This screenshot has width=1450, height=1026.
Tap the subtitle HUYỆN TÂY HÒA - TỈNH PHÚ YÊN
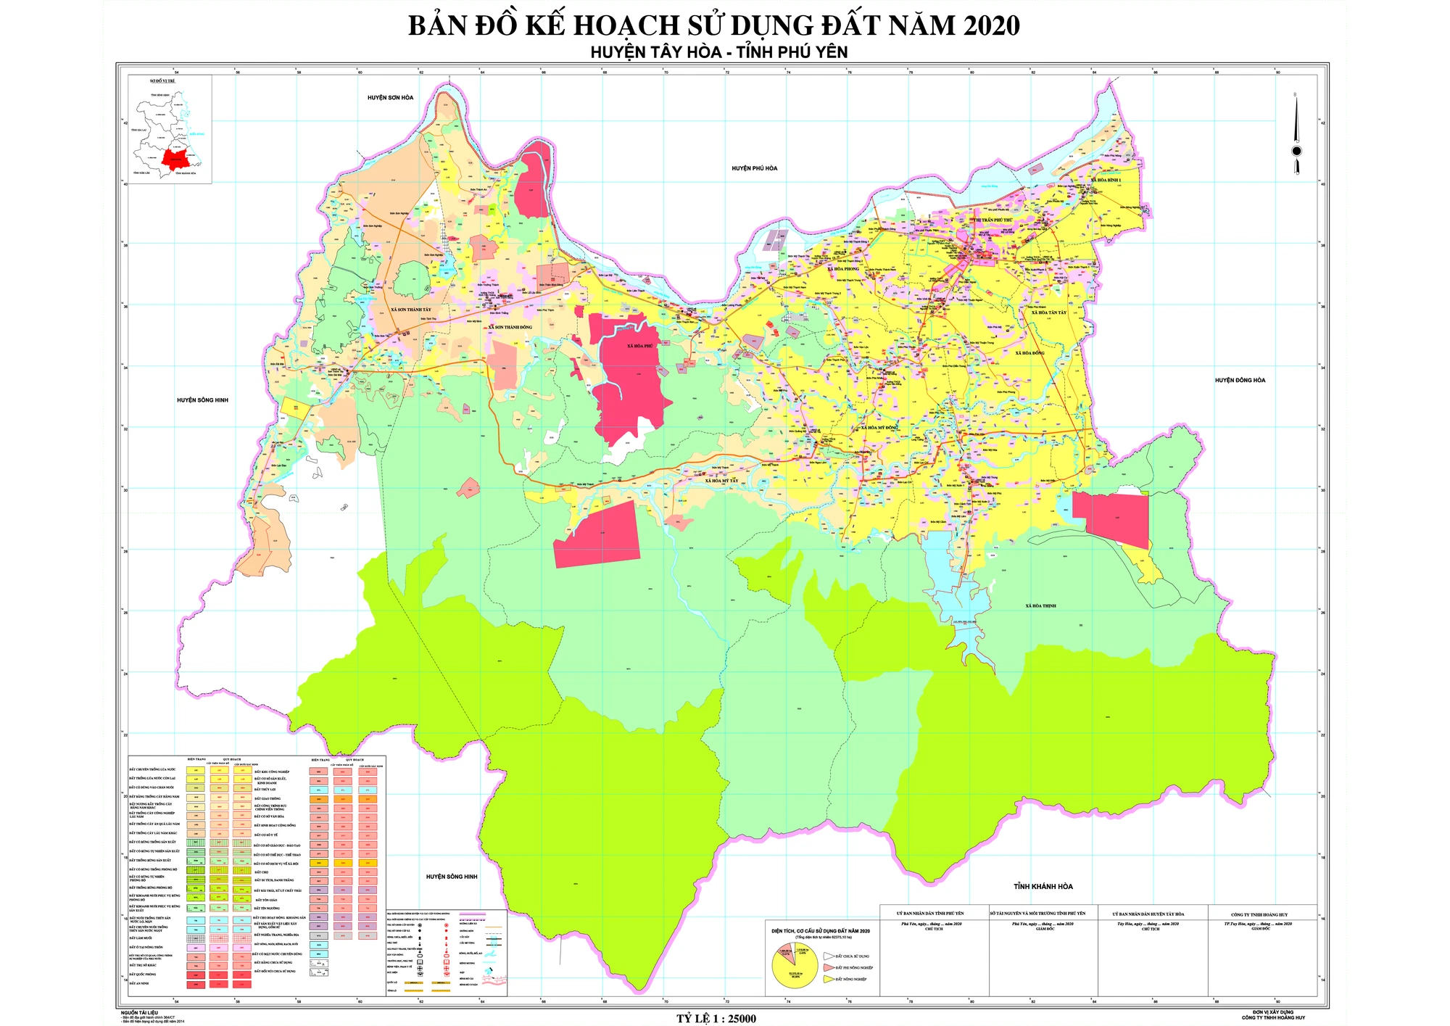tap(718, 52)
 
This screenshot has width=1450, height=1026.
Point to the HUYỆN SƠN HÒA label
tap(390, 98)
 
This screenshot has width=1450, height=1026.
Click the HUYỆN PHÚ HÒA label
tap(754, 168)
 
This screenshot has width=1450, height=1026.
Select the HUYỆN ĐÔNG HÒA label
tap(1240, 380)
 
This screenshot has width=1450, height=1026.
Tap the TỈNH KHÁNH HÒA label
tap(1043, 887)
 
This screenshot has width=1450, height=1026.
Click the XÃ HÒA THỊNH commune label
tap(1040, 605)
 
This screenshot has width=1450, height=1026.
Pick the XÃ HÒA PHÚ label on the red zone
tap(639, 346)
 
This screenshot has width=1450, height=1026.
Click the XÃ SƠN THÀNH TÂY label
tap(410, 310)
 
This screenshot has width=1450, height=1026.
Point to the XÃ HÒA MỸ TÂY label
tap(721, 481)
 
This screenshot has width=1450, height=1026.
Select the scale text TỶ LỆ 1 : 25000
tap(716, 1019)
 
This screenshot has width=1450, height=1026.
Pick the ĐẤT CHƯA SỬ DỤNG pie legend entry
tap(852, 956)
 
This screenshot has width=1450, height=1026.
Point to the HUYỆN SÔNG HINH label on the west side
tap(202, 400)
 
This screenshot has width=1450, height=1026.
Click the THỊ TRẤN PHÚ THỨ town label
tap(993, 220)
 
